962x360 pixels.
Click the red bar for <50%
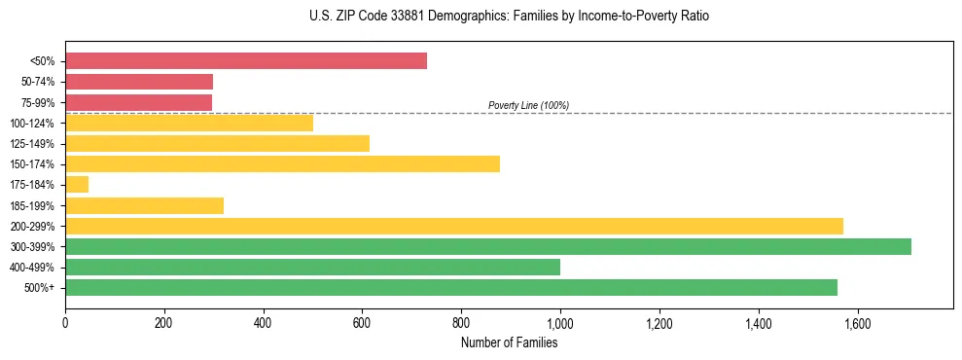coord(246,61)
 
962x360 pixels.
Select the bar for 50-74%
coord(139,82)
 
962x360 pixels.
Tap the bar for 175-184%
coord(77,185)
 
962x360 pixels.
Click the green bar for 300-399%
coord(488,246)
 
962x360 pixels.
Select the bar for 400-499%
coord(312,267)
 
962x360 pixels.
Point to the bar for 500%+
coord(451,287)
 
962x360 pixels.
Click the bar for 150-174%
coord(282,164)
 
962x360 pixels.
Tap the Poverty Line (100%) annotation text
coord(528,105)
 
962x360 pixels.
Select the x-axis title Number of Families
coord(509,342)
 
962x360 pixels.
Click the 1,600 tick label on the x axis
coord(857,322)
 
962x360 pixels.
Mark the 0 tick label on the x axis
coord(65,322)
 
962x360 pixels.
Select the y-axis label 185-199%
coord(35,206)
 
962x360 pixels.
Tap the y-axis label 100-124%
coord(35,124)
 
